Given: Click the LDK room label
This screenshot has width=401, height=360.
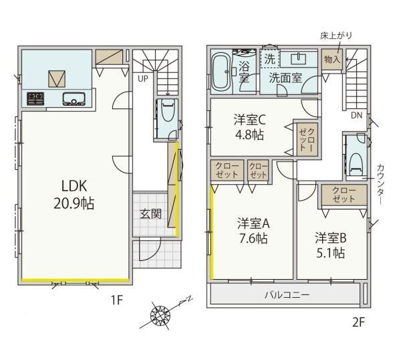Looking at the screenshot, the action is pos(74,186).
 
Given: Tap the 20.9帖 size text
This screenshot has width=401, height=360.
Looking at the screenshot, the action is pos(74,203).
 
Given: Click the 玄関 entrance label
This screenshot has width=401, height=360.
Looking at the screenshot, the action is pos(150,214).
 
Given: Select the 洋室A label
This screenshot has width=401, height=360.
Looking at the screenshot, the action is pos(253,223).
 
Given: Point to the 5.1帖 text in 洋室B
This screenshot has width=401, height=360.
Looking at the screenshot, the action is pos(329,253).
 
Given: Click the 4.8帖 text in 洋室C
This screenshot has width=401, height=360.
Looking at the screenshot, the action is pos(249,134).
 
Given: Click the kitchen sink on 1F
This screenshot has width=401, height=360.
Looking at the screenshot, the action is pos(74,99).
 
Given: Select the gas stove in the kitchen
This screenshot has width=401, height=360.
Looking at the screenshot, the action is pos(36,98).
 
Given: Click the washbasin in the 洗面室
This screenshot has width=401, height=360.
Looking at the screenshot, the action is pos(299,59).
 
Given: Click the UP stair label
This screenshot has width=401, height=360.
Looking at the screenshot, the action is pos(143,79).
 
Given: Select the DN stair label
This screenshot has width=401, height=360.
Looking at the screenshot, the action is pos(356,116).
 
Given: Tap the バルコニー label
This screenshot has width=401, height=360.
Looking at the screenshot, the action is pos(287,295).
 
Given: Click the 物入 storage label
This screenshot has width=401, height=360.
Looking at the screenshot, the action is pos(332,60).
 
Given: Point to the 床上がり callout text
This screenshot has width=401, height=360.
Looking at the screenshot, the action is pos(336,35).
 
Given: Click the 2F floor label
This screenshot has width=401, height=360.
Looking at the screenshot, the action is pos(358,322).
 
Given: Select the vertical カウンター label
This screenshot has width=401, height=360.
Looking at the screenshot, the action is pos(380,184).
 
